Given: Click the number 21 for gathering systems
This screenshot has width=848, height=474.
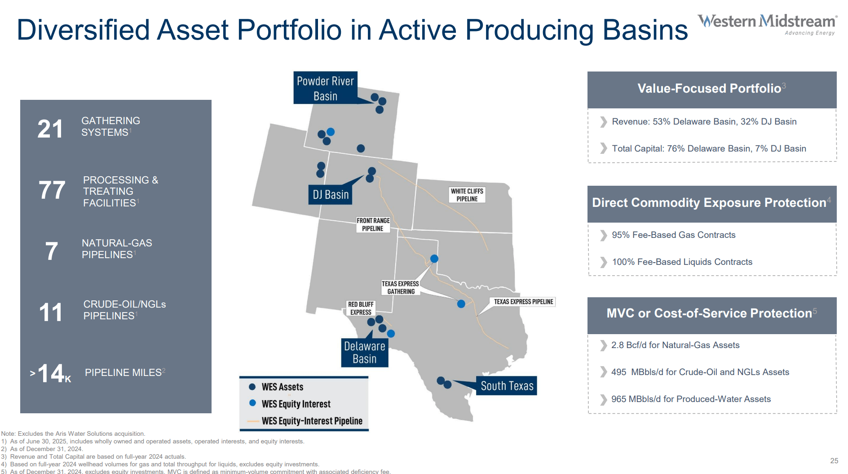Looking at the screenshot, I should click(x=50, y=129).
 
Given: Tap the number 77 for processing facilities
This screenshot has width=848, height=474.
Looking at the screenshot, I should click(x=52, y=190).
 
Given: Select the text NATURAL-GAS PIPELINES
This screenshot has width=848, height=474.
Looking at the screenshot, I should click(x=117, y=249).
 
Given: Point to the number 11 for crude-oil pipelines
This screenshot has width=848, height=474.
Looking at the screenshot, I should click(x=50, y=313).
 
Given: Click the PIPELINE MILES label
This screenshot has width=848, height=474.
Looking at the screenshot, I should click(x=124, y=372).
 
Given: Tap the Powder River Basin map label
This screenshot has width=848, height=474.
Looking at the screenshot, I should click(x=325, y=88).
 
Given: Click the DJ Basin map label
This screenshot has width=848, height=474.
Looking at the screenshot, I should click(x=331, y=195).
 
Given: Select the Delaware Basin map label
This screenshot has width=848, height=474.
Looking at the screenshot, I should click(x=364, y=353).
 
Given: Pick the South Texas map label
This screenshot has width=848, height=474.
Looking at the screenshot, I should click(x=507, y=386).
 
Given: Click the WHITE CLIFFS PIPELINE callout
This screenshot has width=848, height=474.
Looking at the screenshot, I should click(x=467, y=195).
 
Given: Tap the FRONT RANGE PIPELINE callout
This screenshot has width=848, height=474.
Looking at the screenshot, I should click(x=373, y=224).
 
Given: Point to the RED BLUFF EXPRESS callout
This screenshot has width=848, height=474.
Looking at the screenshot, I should click(x=361, y=309).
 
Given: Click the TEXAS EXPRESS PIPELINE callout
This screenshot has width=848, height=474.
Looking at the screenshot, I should click(x=523, y=302).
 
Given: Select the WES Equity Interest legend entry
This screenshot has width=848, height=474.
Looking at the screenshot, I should click(x=296, y=404).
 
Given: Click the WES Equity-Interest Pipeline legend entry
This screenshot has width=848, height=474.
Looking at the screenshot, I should click(x=312, y=421).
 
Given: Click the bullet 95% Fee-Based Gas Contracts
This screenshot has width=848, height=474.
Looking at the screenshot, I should click(x=673, y=235).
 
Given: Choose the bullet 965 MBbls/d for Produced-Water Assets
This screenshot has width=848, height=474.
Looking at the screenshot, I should click(x=691, y=399).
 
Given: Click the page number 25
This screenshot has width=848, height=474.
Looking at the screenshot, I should click(x=834, y=461).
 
